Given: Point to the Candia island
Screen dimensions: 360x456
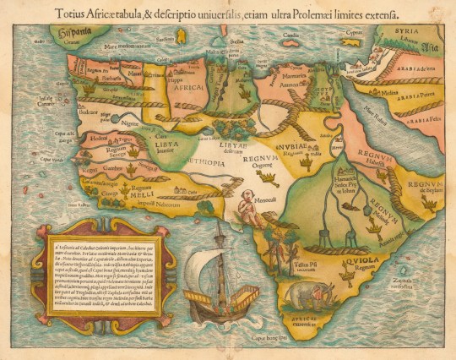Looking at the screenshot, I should [x=291, y=36].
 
